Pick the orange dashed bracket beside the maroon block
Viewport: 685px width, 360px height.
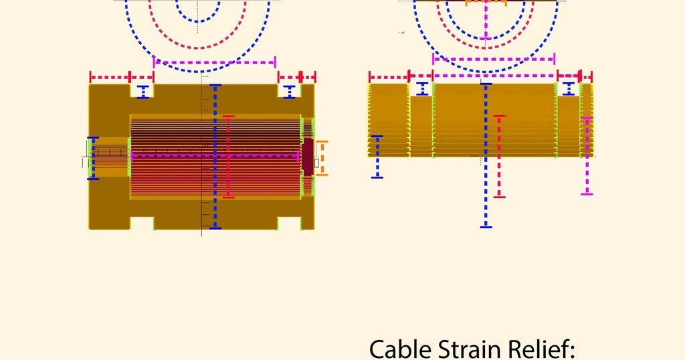pyautogui.click(x=322, y=158)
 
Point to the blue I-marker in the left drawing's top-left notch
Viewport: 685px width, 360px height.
pyautogui.click(x=143, y=92)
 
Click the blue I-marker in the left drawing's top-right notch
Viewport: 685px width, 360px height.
pyautogui.click(x=289, y=92)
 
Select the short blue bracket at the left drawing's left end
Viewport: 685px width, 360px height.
pyautogui.click(x=92, y=158)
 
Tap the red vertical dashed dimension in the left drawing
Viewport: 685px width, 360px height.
pyautogui.click(x=229, y=157)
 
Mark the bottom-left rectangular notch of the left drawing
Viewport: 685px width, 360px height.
pyautogui.click(x=142, y=223)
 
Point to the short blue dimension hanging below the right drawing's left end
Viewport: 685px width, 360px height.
pyautogui.click(x=377, y=157)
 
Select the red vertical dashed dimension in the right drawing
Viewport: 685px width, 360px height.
pyautogui.click(x=499, y=157)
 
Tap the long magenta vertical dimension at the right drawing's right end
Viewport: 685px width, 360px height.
pyautogui.click(x=587, y=156)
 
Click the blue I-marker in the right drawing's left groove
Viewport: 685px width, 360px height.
pyautogui.click(x=422, y=89)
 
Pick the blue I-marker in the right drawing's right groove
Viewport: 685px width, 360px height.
pyautogui.click(x=569, y=89)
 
